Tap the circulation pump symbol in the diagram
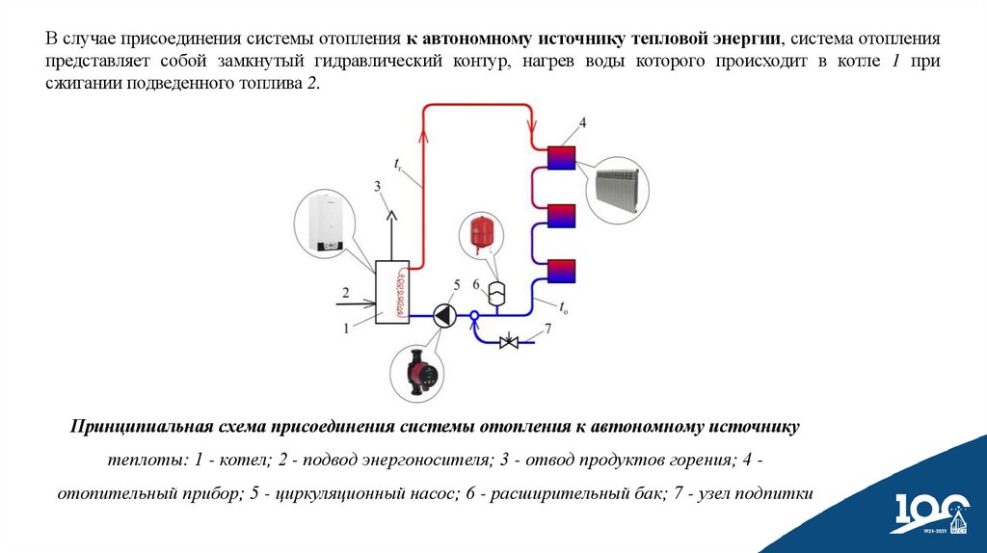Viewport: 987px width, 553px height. [x=442, y=316]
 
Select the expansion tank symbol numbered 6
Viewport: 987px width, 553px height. [x=497, y=292]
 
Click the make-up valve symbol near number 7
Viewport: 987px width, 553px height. [x=512, y=341]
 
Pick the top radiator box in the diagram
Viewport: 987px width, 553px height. [x=561, y=157]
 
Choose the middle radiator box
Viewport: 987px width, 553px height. [x=561, y=214]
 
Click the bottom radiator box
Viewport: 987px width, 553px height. [x=561, y=271]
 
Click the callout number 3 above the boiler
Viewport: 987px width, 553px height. [x=378, y=185]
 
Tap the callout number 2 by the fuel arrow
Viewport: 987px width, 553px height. [x=345, y=291]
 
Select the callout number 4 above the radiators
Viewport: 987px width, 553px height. [x=582, y=122]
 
